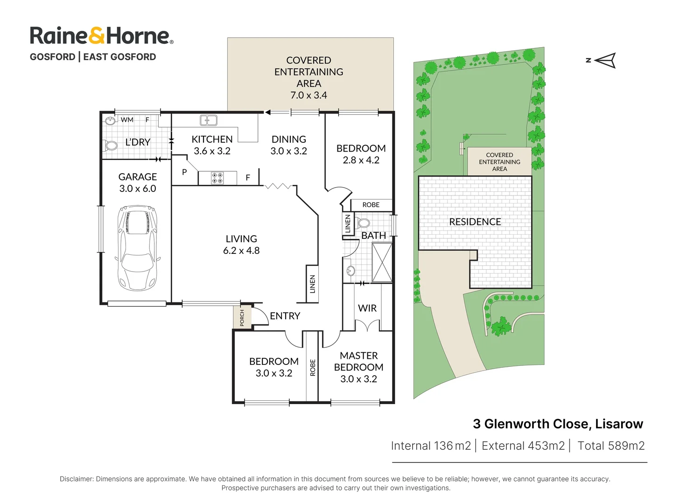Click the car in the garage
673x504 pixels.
point(138,247)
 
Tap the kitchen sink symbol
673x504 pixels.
point(208,120)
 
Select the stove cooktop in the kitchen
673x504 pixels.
point(217,178)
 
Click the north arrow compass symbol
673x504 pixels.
point(605,60)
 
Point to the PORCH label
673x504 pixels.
point(242,317)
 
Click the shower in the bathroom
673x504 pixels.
point(382,262)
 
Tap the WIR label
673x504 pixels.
point(367,308)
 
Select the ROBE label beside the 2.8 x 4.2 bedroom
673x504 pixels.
point(371,205)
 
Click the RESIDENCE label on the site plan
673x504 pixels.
point(475,222)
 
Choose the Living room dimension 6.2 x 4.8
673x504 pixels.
point(241,251)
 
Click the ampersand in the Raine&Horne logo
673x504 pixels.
point(98,35)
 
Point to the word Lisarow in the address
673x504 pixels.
point(619,424)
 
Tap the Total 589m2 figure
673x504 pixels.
point(611,446)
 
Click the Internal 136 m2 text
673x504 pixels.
point(431,446)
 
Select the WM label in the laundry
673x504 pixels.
point(127,120)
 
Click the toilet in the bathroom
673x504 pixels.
point(363,223)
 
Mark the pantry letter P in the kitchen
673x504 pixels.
point(184,172)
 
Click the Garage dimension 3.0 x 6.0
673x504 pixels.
point(138,189)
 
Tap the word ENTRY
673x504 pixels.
point(285,316)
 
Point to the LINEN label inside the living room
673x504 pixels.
point(313,284)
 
